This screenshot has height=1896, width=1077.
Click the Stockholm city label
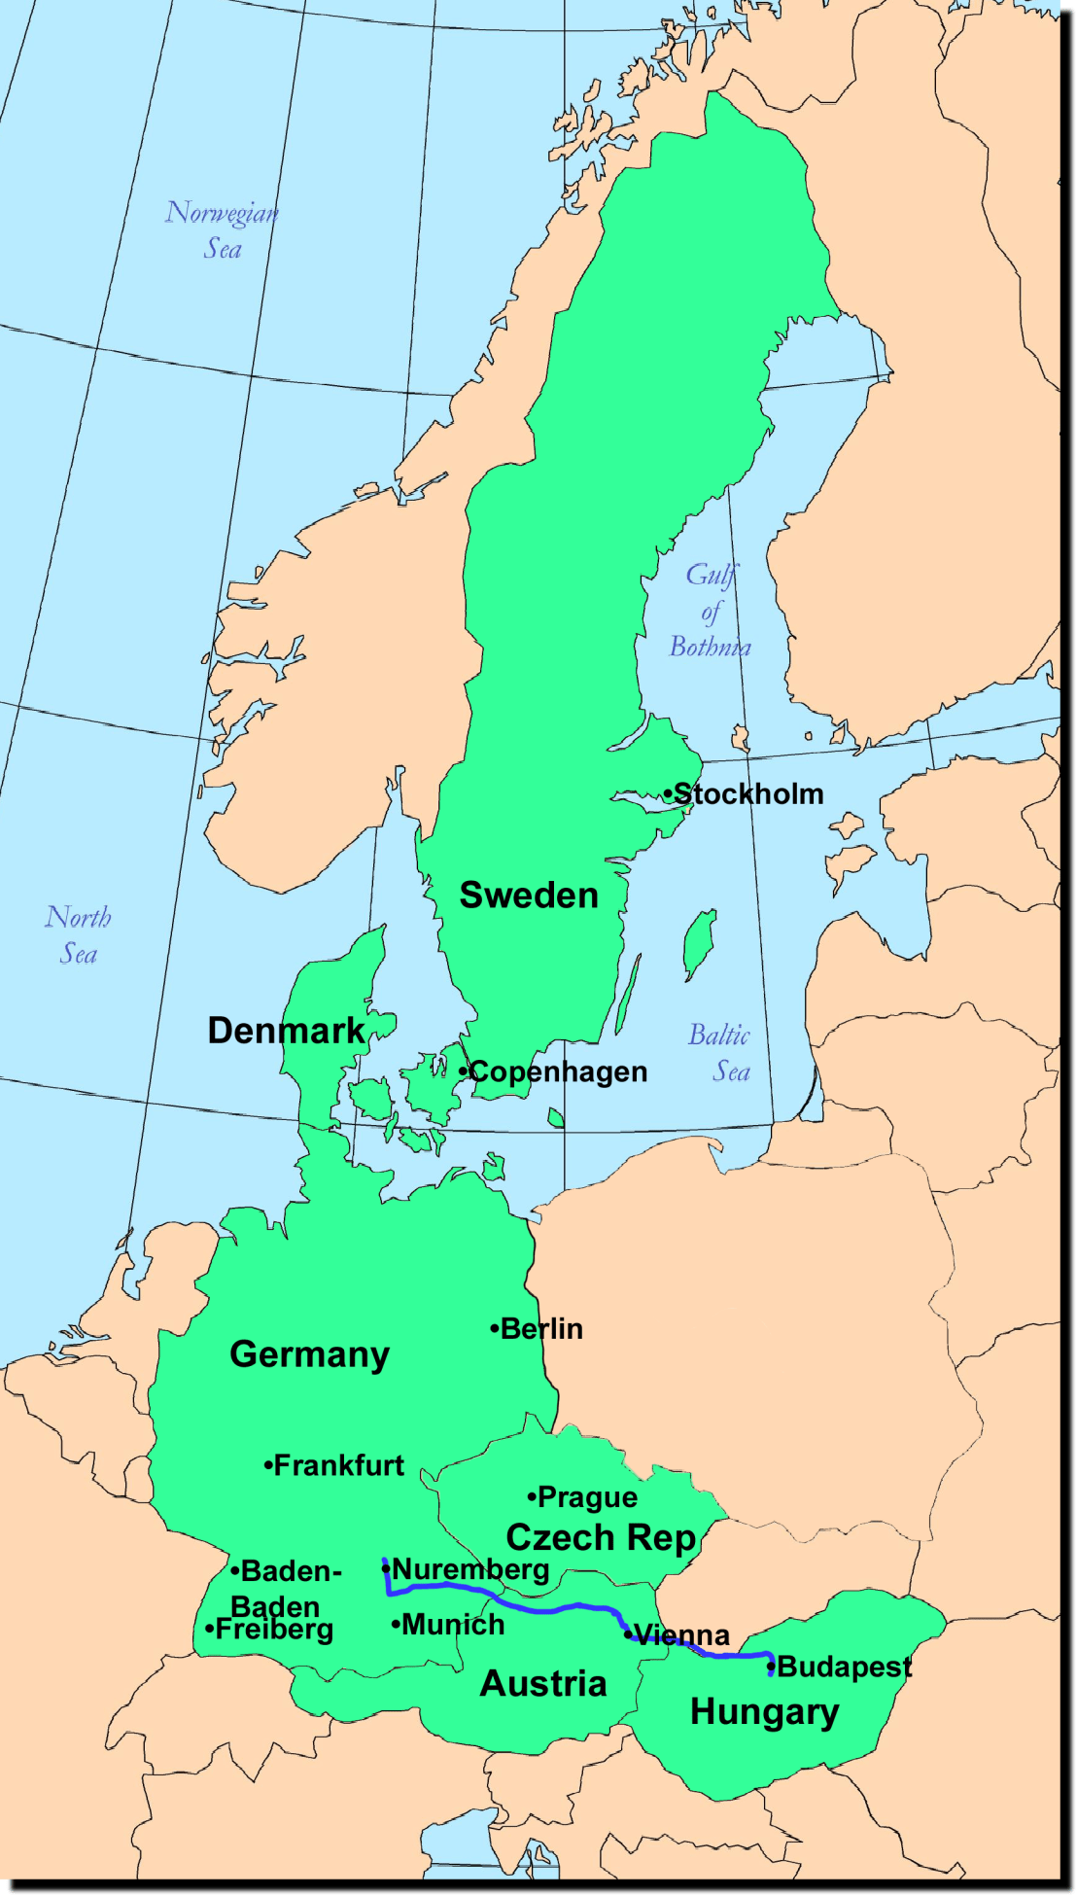748,794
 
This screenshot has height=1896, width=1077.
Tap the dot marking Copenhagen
463,1071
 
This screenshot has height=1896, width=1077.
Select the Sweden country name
529,895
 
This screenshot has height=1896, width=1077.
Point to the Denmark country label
286,1031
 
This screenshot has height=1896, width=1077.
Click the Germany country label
309,1354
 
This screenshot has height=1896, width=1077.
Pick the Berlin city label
541,1329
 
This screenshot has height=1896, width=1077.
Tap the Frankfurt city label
338,1465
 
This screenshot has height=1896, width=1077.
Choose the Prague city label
587,1497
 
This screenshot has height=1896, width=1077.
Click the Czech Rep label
601,1537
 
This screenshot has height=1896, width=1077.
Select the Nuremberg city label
470,1569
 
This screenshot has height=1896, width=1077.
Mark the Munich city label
453,1625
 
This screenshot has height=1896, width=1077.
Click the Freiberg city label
273,1629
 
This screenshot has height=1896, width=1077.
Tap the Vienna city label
680,1635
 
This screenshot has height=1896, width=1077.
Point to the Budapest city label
844,1667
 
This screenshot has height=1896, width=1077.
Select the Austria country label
543,1683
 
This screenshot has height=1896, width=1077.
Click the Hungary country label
764,1711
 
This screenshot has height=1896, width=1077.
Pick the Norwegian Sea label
223,230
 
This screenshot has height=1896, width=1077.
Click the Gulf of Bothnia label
711,611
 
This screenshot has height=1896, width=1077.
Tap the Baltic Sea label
720,1053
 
